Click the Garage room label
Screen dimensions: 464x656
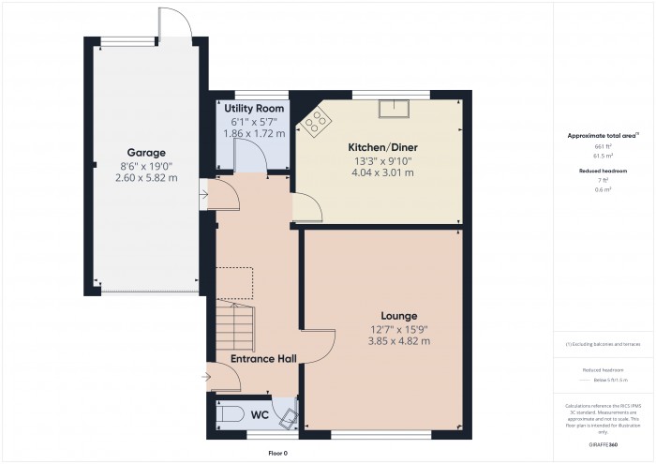pos(146,152)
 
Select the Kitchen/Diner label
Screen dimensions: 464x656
pos(382,148)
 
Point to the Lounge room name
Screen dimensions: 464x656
pos(398,315)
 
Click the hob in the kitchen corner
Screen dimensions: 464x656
pos(315,119)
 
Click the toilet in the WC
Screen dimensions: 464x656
pos(227,415)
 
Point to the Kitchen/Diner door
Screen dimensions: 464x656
pos(307,207)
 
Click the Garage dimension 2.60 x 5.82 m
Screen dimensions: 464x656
pos(146,178)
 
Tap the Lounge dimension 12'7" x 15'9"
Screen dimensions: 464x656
pos(398,328)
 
